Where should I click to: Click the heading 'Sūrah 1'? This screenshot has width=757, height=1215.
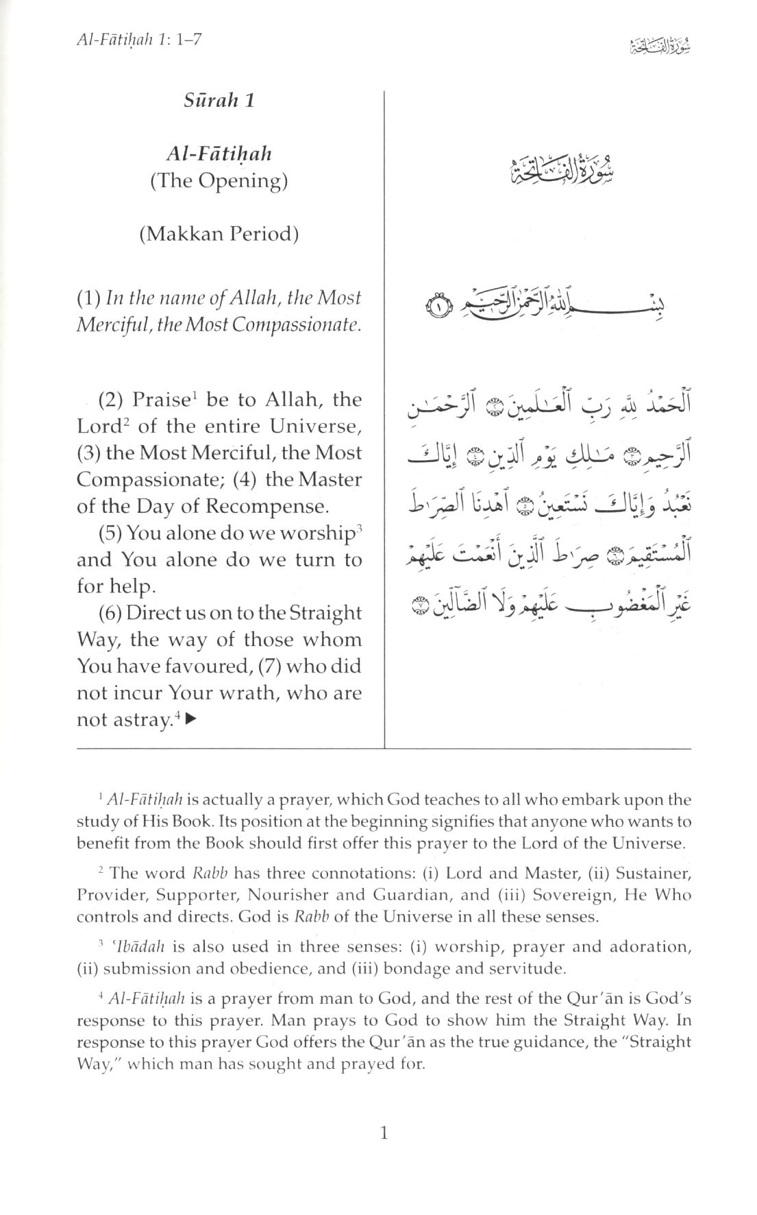pyautogui.click(x=219, y=101)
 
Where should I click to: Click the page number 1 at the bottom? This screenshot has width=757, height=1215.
pyautogui.click(x=384, y=1133)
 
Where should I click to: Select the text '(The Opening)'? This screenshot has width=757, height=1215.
pyautogui.click(x=219, y=181)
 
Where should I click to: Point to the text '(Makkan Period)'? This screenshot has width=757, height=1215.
pyautogui.click(x=219, y=234)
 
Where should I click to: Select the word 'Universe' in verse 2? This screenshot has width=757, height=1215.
pyautogui.click(x=316, y=426)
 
